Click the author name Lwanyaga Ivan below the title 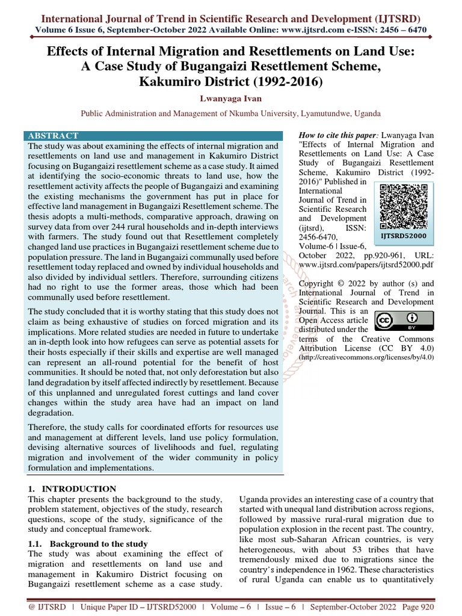pyautogui.click(x=231, y=98)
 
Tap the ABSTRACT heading pyautogui.click(x=54, y=136)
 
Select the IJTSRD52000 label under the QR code pyautogui.click(x=403, y=236)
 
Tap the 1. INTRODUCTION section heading pyautogui.click(x=72, y=489)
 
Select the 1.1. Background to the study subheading pyautogui.click(x=88, y=544)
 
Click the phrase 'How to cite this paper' pyautogui.click(x=337, y=135)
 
